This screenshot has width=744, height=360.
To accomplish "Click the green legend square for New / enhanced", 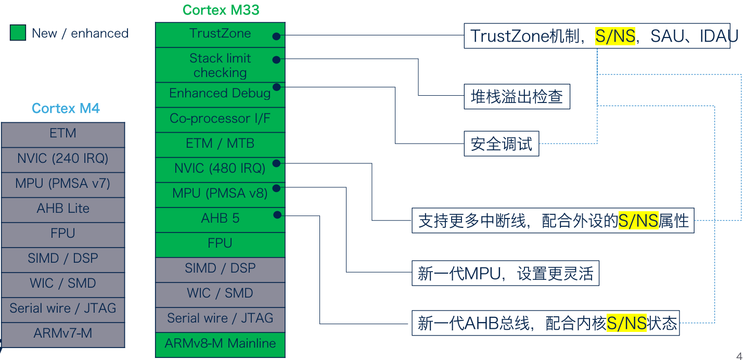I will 18,33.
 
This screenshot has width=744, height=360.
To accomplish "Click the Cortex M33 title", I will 221,10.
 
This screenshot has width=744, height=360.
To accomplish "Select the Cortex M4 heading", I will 66,108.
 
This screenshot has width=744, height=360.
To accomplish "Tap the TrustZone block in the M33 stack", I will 220,35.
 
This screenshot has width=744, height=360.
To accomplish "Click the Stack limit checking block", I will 220,65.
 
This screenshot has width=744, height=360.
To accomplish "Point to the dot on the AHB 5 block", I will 277,214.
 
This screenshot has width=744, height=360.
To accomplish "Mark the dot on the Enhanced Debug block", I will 277,86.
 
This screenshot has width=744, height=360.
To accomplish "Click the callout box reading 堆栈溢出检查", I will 517,97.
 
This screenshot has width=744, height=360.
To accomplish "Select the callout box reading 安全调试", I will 501,144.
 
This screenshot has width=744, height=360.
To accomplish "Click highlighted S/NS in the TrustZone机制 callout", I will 615,36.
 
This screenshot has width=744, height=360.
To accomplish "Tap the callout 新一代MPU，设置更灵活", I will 505,273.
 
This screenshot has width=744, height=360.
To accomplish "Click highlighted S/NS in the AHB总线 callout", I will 626,324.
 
